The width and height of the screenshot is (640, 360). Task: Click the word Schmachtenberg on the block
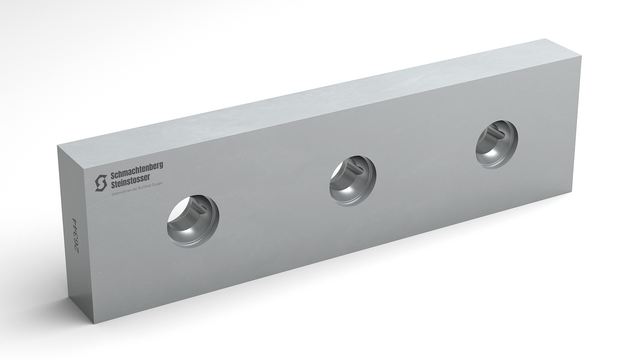pyautogui.click(x=137, y=170)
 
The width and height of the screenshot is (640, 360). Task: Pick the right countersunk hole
pyautogui.click(x=497, y=145)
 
